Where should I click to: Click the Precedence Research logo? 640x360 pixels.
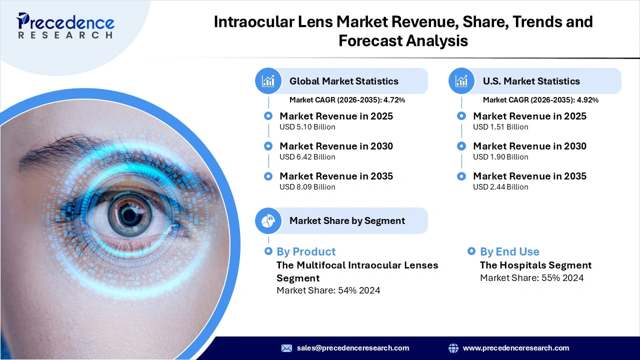(x=65, y=26)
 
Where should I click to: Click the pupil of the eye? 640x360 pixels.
(x=130, y=215)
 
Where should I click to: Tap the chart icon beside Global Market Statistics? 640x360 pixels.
(x=268, y=81)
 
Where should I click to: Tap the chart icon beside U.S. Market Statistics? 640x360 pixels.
(x=462, y=81)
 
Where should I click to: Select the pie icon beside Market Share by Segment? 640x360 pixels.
(x=268, y=220)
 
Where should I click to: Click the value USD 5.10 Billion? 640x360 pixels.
(x=307, y=127)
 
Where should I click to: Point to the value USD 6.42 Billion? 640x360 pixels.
(x=307, y=157)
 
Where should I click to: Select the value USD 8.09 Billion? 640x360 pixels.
(x=307, y=187)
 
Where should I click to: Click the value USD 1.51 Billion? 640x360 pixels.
(x=500, y=127)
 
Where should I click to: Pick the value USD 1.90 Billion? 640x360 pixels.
(x=500, y=157)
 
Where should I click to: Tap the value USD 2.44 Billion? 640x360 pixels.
(x=500, y=187)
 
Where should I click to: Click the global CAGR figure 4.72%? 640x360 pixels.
(x=394, y=100)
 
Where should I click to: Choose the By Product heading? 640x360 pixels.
(x=306, y=251)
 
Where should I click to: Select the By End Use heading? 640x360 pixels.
(x=509, y=251)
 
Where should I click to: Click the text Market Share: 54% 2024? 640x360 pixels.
(x=328, y=290)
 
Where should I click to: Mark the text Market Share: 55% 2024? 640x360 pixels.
(x=531, y=278)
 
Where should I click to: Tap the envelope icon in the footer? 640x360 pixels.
(x=286, y=348)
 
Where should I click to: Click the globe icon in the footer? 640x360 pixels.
(x=453, y=348)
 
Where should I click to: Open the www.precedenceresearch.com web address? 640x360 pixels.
(x=516, y=348)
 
